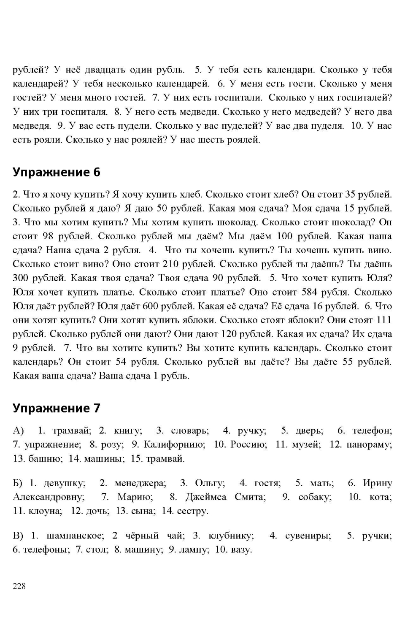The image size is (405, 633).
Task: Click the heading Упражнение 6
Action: pyautogui.click(x=57, y=172)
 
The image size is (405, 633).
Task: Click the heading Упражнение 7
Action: pyautogui.click(x=57, y=408)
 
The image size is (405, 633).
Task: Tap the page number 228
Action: pyautogui.click(x=19, y=586)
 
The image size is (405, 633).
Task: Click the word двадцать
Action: pyautogui.click(x=105, y=70)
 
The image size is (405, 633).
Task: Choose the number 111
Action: pyautogui.click(x=383, y=320)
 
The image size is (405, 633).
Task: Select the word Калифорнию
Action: pyautogui.click(x=174, y=444)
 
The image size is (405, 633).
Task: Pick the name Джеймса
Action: pyautogui.click(x=205, y=497)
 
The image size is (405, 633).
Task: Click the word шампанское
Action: pyautogui.click(x=75, y=536)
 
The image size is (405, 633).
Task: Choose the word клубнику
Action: pyautogui.click(x=231, y=536)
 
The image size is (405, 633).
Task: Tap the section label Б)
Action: pyautogui.click(x=19, y=483)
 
